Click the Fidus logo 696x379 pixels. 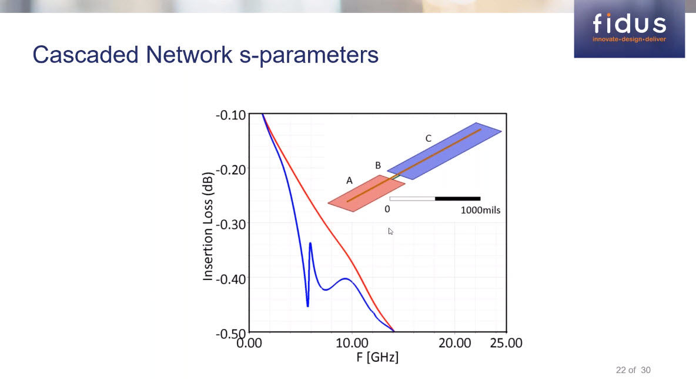[629, 28]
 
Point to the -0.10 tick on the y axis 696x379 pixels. [231, 115]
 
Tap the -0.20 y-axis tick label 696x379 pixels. [231, 169]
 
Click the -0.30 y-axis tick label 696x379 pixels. [231, 224]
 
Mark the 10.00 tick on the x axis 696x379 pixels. [352, 343]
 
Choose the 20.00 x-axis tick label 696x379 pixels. [454, 343]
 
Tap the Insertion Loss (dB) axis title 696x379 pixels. [208, 224]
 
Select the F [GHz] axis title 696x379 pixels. [377, 357]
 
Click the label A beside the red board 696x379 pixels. [349, 181]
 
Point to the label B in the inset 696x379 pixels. [378, 165]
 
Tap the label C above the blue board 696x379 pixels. [428, 138]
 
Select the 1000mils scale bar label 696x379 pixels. [480, 210]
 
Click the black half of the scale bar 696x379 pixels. [457, 199]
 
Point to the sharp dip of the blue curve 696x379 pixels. [307, 305]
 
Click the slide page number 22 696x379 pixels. [621, 370]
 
